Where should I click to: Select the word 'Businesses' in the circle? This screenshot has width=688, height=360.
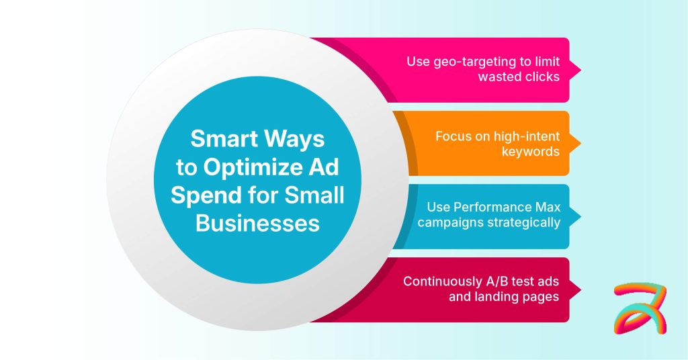pos(257,223)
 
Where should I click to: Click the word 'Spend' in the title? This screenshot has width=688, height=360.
pos(203,195)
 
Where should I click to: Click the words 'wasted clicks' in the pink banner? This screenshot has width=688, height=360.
pos(518,77)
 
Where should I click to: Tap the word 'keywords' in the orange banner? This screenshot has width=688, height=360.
pos(530,151)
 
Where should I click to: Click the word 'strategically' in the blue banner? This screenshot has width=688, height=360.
pos(523,223)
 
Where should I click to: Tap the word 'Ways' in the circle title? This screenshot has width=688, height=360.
pos(296,139)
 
